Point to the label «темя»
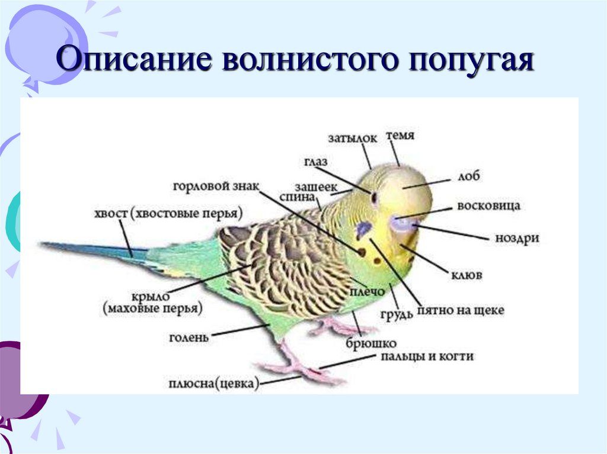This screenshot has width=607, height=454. click(x=400, y=136)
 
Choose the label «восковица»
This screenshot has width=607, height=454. click(x=488, y=206)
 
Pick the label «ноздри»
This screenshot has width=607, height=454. click(x=517, y=238)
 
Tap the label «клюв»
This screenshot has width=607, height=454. click(x=469, y=275)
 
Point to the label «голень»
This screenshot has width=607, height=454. click(x=189, y=337)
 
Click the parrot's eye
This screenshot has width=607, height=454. click(x=375, y=197)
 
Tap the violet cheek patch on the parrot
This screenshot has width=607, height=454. click(x=363, y=230)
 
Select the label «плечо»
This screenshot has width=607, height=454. click(x=369, y=292)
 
